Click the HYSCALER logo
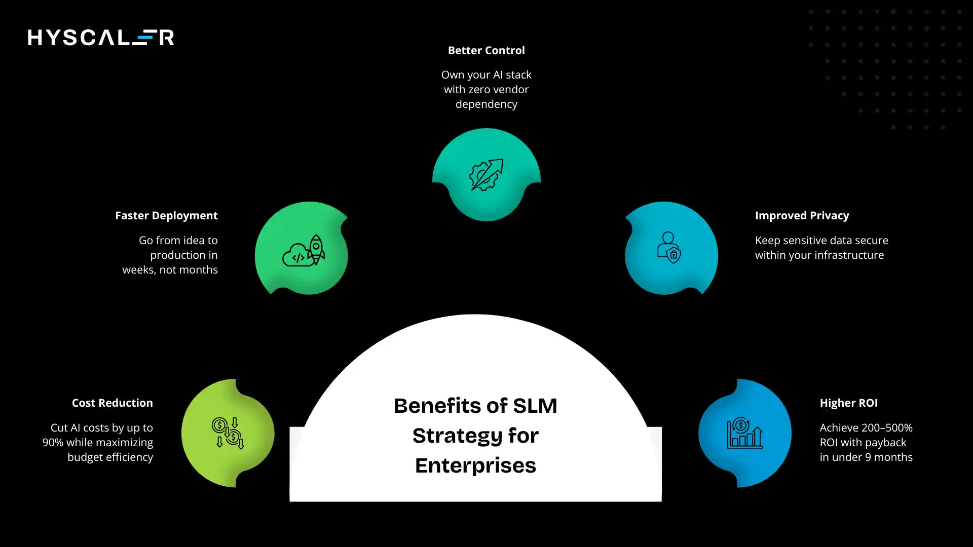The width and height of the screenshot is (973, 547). click(x=101, y=37)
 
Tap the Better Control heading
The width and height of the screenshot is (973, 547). click(x=486, y=51)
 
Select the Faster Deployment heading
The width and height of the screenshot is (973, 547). click(x=166, y=216)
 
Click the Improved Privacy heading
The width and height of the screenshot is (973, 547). click(x=802, y=216)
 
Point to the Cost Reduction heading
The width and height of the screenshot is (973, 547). click(x=112, y=403)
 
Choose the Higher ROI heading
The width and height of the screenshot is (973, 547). click(x=848, y=403)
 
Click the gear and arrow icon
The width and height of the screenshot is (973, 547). click(x=486, y=175)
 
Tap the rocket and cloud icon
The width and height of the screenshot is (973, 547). click(x=304, y=250)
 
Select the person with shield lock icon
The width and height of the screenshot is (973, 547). click(x=669, y=248)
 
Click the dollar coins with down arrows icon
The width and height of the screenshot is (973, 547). click(x=228, y=433)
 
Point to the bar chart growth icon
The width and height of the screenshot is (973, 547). click(x=744, y=434)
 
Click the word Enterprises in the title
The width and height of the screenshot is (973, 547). click(x=475, y=465)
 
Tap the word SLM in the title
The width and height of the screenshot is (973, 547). click(x=535, y=406)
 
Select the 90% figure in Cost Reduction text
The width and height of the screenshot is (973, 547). click(x=53, y=443)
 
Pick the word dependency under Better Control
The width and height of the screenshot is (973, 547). click(x=486, y=104)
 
